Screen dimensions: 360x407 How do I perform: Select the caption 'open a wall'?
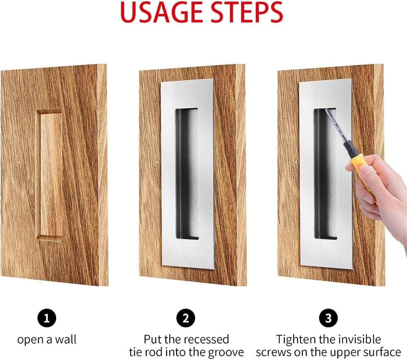tap(47, 339)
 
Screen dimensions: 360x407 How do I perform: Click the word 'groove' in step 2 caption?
tap(223, 352)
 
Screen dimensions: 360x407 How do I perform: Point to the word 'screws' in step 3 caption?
tap(276, 352)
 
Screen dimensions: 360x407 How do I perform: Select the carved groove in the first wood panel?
tap(51, 175)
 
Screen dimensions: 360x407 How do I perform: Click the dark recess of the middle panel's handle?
tap(186, 173)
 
